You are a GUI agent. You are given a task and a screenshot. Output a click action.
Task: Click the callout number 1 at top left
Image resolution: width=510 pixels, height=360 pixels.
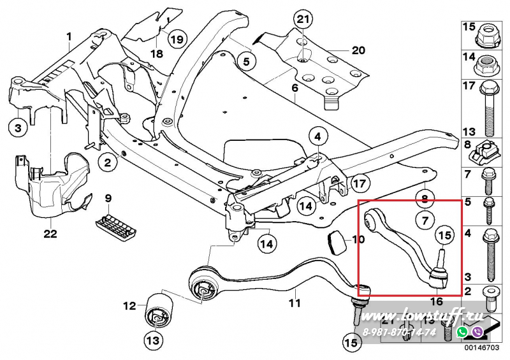click(69, 38)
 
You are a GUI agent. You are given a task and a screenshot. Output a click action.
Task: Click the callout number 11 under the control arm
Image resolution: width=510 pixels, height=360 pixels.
click(294, 303)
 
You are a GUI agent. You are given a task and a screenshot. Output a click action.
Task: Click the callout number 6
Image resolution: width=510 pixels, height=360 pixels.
click(295, 87)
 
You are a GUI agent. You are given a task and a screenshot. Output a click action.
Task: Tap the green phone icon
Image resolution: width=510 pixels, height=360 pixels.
click(462, 332)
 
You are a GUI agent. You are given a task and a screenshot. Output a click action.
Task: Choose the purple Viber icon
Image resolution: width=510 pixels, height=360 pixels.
click(476, 332)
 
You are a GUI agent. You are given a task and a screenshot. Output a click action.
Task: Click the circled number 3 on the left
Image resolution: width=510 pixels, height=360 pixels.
click(18, 129)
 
